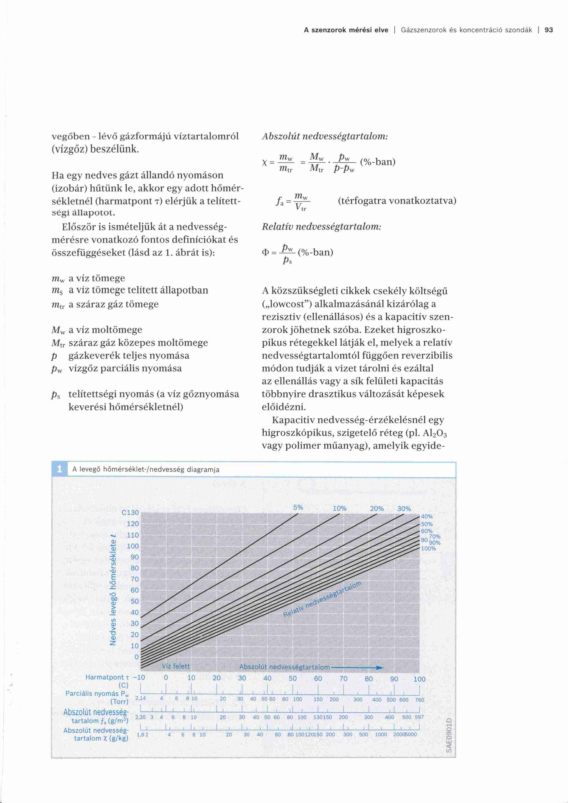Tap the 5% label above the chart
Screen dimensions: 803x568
click(x=298, y=507)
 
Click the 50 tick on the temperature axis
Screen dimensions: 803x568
click(x=135, y=601)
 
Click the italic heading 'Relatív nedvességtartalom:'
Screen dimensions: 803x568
click(x=321, y=227)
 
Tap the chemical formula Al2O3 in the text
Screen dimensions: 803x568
click(x=435, y=433)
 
